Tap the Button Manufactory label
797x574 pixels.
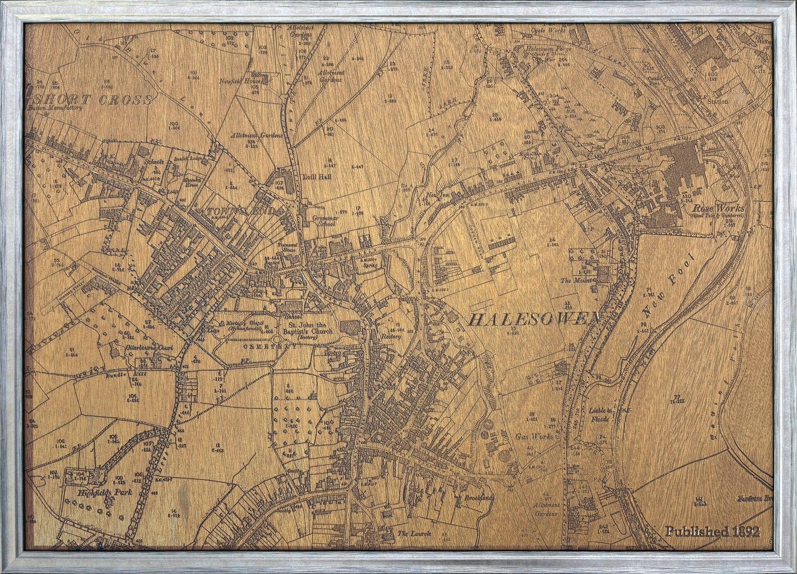tap(55, 108)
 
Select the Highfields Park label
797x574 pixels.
tap(97, 492)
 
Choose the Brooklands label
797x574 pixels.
tap(478, 498)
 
